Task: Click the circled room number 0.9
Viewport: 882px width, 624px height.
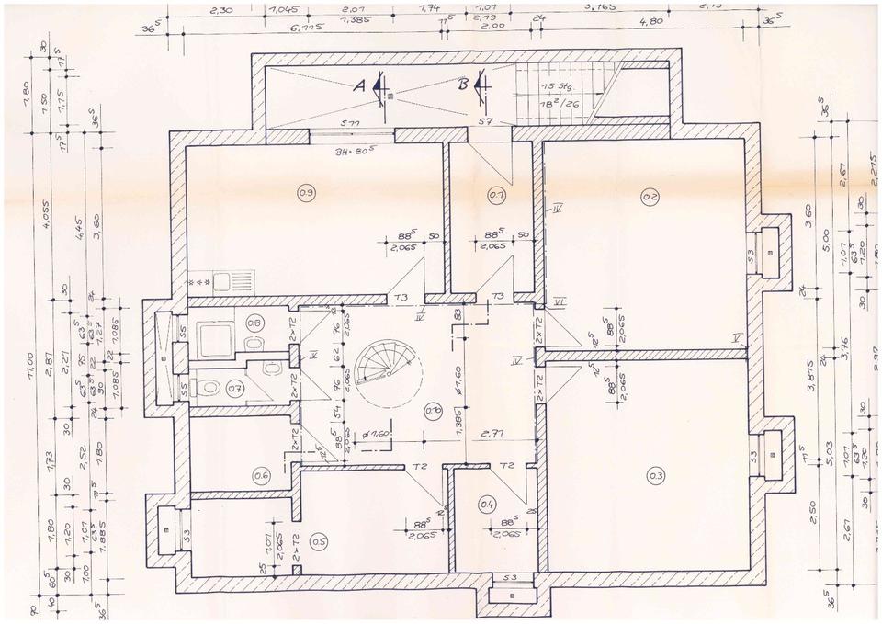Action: click(306, 192)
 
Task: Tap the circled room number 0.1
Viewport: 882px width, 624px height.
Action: click(497, 195)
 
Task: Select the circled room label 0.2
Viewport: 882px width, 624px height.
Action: click(650, 195)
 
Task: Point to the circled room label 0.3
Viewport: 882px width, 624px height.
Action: click(655, 475)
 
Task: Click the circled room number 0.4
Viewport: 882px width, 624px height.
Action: click(488, 503)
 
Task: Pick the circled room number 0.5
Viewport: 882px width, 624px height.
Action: click(319, 540)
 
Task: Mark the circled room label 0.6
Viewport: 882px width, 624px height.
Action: click(261, 475)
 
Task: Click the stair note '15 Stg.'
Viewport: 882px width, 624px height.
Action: click(556, 87)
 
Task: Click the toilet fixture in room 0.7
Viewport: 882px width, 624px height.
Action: click(210, 388)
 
